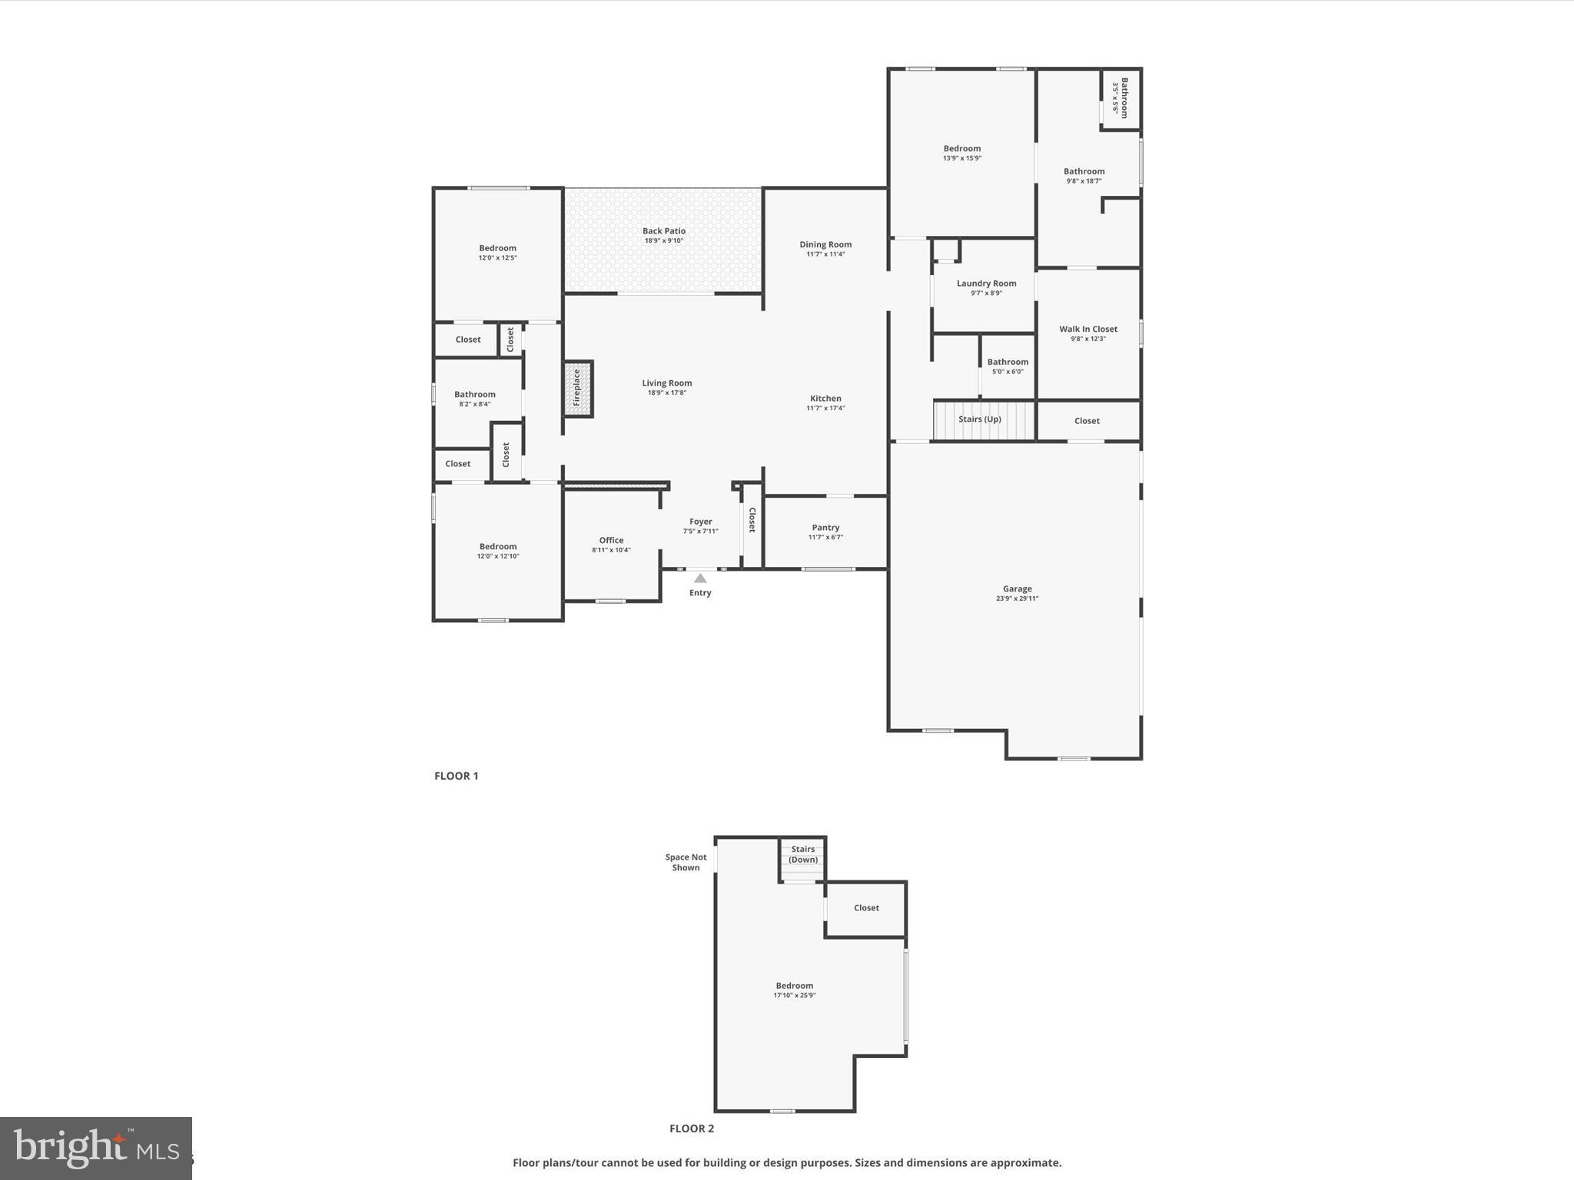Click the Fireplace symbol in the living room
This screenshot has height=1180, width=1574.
[578, 389]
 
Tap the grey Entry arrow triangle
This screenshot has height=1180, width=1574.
[700, 578]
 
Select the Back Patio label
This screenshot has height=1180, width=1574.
[664, 231]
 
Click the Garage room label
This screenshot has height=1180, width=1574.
[1017, 589]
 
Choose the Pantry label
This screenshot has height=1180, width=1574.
[825, 528]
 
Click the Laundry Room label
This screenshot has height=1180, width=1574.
[986, 283]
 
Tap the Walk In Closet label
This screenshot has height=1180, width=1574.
[1088, 330]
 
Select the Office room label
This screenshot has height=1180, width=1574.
[611, 541]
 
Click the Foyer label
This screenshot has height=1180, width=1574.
[700, 522]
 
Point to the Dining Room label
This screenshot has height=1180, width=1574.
[825, 245]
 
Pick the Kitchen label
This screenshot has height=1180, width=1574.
[825, 399]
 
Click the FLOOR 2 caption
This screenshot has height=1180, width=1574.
[692, 1129]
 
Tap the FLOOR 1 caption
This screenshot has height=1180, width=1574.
[457, 776]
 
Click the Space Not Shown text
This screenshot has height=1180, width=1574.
[686, 863]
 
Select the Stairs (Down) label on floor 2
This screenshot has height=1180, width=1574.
[803, 854]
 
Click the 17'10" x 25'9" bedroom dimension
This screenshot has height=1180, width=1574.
[794, 996]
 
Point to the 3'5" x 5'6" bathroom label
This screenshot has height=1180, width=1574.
[1115, 98]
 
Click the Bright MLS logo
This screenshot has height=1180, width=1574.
[96, 1148]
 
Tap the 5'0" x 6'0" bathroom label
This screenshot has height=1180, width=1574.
[1008, 372]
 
